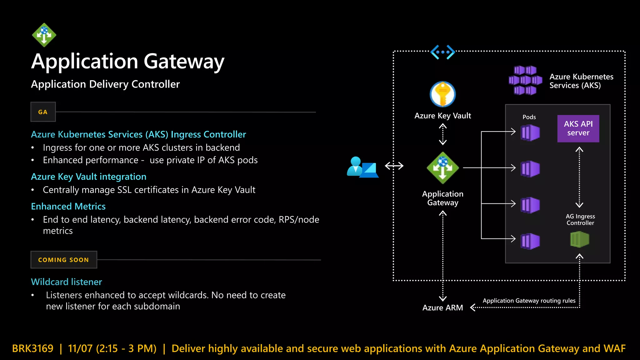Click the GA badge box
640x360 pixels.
(x=43, y=112)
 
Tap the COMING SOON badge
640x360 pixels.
(x=64, y=260)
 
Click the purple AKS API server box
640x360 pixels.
(x=578, y=128)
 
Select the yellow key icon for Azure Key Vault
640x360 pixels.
(x=442, y=94)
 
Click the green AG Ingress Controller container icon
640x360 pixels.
(x=580, y=239)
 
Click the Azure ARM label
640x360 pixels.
(x=442, y=308)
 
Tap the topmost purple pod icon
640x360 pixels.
(x=530, y=133)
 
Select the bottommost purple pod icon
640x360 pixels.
(x=530, y=241)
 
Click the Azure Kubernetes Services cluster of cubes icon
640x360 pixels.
(x=525, y=80)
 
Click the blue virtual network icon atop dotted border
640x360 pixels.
(x=442, y=52)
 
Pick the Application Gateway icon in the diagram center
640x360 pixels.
(x=442, y=168)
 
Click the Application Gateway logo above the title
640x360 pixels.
(x=44, y=35)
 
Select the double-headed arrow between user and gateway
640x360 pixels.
(x=394, y=166)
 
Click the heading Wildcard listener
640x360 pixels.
(x=67, y=282)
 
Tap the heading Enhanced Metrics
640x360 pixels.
(x=68, y=207)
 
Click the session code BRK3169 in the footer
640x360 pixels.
(x=33, y=348)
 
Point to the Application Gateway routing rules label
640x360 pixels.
(x=529, y=301)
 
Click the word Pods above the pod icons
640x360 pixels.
(x=529, y=117)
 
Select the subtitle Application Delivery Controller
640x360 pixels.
(x=105, y=84)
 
